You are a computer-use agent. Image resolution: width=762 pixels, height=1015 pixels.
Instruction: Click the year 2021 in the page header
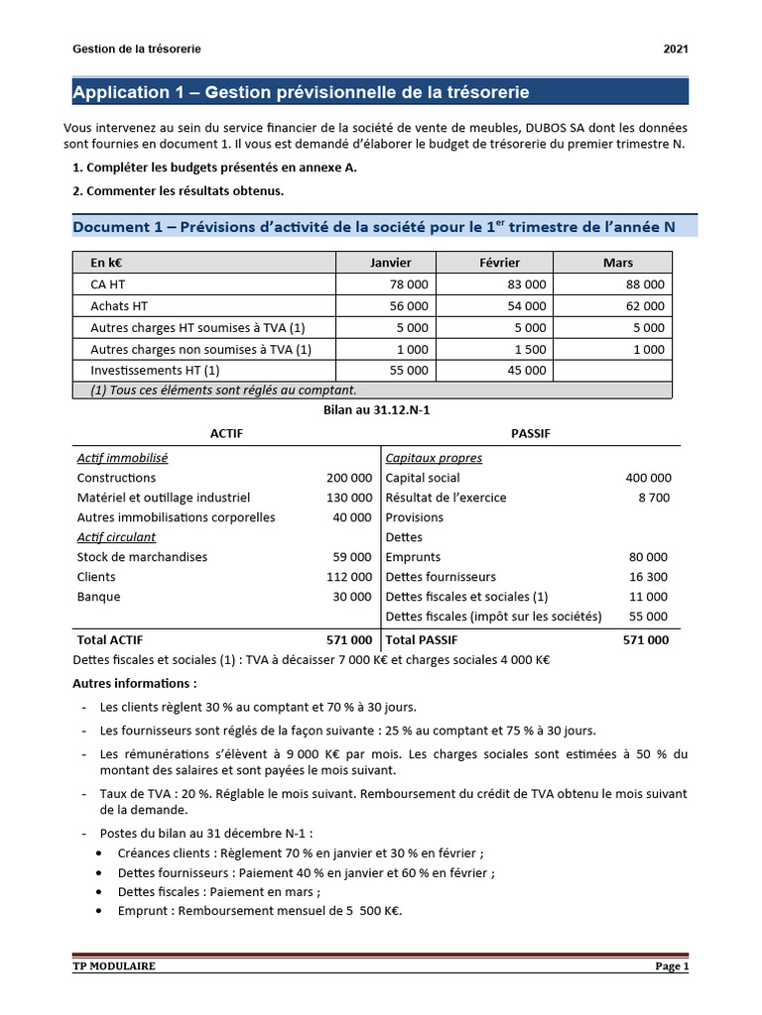coord(675,49)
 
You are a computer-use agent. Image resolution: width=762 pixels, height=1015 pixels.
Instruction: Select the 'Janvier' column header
coord(390,263)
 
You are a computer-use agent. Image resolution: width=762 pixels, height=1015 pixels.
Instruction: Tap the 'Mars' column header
coord(617,263)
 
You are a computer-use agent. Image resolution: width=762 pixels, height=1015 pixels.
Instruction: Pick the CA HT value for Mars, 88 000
coord(640,284)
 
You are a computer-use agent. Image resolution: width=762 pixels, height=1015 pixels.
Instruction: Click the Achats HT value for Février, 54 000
coord(521,306)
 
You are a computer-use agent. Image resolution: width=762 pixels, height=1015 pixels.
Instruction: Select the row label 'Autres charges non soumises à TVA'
coord(200,349)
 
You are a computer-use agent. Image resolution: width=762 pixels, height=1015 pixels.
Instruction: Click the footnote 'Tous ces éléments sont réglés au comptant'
coord(223,390)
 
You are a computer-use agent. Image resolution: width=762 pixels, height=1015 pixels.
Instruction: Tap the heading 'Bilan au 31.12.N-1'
coord(380,409)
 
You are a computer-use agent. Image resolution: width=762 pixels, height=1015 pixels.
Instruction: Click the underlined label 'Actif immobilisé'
coord(122,458)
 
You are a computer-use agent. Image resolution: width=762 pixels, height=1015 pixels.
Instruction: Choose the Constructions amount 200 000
coord(348,478)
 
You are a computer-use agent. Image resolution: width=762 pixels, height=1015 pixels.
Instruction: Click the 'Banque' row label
coord(98,597)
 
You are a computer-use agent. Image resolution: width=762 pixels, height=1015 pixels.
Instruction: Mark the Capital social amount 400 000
coord(648,478)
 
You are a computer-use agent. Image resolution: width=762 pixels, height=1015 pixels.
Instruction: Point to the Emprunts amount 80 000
coord(648,557)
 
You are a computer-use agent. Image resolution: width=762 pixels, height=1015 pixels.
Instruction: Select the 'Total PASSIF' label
coord(422,640)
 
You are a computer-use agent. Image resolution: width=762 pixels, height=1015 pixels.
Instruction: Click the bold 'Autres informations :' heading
coord(135,683)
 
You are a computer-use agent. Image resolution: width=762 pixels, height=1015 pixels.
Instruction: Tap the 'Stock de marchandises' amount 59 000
coord(352,557)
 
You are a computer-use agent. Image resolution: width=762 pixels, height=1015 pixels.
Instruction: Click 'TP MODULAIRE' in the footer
coord(114,966)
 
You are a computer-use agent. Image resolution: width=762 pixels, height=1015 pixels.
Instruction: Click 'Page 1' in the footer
coord(671,966)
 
